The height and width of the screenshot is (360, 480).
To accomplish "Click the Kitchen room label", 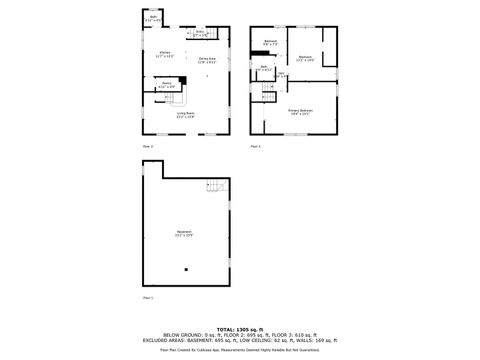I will tap(165, 53).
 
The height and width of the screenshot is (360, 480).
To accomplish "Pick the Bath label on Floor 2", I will tap(153, 18).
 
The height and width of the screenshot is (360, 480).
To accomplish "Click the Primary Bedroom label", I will tap(301, 111).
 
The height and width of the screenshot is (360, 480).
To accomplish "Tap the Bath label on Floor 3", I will tap(262, 68).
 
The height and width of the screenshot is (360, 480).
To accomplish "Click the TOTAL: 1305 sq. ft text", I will tap(239, 329).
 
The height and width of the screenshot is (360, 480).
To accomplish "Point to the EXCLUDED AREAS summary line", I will tap(239, 340).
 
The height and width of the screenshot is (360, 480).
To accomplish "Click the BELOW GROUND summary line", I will tap(239, 335).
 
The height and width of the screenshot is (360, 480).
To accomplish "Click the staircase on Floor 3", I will tap(268, 91).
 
